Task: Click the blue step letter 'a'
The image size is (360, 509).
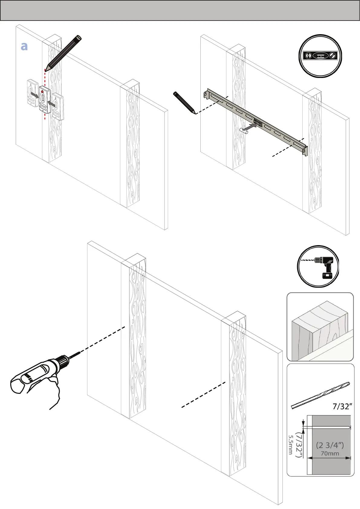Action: [24, 46]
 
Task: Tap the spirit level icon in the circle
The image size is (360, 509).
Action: [320, 56]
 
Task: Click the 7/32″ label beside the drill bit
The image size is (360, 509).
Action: [342, 407]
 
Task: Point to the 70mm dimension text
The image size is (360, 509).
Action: [330, 453]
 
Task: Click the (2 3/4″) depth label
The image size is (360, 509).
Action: [330, 445]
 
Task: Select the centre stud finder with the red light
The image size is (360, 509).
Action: [45, 99]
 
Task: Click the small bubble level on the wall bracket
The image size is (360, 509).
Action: [258, 123]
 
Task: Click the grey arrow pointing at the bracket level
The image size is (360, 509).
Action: [251, 127]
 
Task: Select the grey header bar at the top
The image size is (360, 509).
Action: [180, 10]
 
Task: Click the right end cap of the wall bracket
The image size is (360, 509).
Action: [305, 150]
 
